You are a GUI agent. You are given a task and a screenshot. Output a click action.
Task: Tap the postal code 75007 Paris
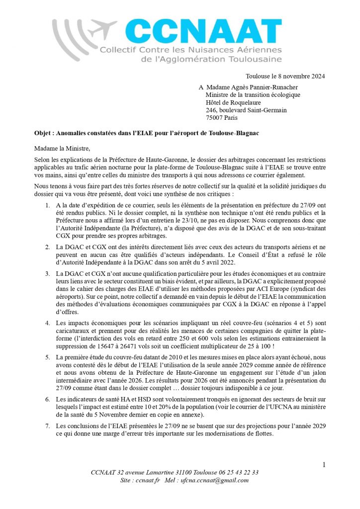point(221,118)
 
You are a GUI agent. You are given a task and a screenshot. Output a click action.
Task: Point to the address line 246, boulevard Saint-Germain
point(246,110)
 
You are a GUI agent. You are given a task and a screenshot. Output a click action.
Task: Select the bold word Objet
point(42,134)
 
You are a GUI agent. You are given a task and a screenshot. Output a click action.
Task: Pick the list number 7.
point(47,426)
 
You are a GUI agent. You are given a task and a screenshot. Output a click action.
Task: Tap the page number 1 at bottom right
point(324,464)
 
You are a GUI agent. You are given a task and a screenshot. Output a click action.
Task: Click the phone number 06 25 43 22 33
point(238,472)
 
